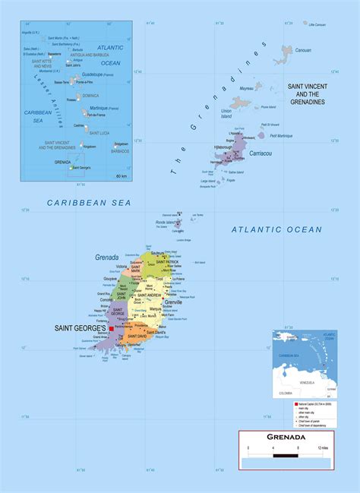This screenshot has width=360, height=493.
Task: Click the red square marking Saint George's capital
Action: pyautogui.click(x=111, y=330)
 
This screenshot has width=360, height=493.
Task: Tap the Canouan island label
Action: pyautogui.click(x=303, y=50)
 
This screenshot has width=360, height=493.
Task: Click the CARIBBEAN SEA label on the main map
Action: pyautogui.click(x=89, y=202)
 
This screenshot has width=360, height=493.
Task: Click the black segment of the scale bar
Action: pyautogui.click(x=285, y=457)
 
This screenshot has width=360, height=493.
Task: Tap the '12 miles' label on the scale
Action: pyautogui.click(x=324, y=450)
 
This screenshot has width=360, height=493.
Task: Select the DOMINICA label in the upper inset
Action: pyautogui.click(x=90, y=96)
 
